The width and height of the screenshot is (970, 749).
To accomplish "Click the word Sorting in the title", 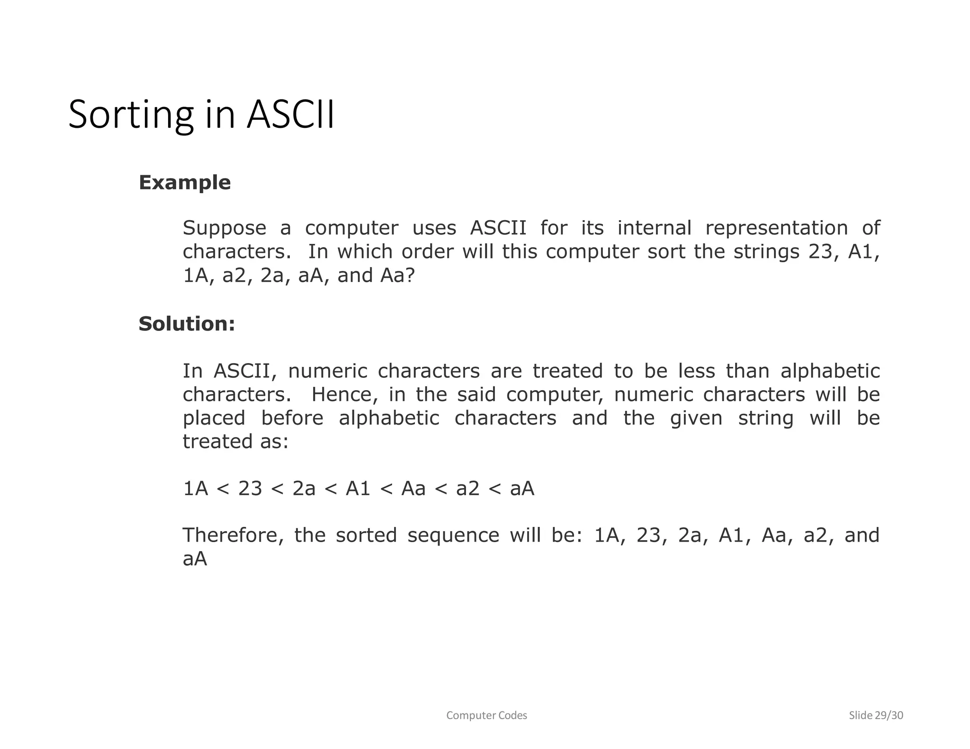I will (x=131, y=115).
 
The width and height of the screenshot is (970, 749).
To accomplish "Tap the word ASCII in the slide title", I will (x=290, y=115).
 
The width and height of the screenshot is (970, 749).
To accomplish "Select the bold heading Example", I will (x=185, y=182).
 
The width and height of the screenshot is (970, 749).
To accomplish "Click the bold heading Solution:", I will (x=187, y=324).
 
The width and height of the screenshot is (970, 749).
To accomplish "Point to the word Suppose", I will (x=225, y=228).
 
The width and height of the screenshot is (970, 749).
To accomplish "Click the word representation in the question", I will (x=776, y=228).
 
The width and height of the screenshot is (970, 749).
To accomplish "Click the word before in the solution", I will (x=292, y=418).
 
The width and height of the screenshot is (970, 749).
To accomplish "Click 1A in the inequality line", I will (x=196, y=489).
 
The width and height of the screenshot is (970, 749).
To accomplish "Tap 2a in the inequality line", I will (x=304, y=489).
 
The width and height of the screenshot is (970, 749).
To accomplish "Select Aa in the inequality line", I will (x=413, y=489).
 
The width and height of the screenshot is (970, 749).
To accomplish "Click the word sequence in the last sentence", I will (x=453, y=535).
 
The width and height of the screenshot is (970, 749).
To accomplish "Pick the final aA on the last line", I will (x=195, y=559).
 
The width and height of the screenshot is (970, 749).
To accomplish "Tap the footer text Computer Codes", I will (x=486, y=715).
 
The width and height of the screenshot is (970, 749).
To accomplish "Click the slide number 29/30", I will (x=889, y=715).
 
